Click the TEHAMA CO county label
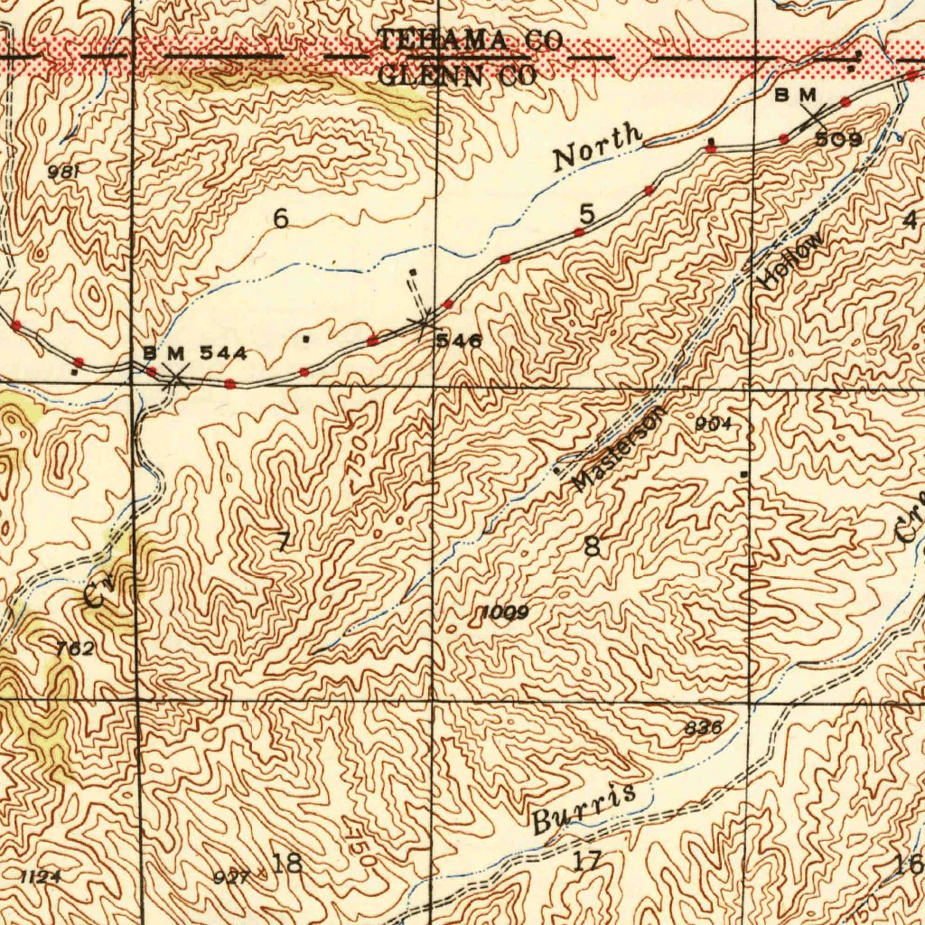tap(470, 41)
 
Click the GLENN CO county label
tap(457, 76)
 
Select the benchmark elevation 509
tap(838, 139)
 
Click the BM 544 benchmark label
tap(194, 353)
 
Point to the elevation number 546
tap(459, 341)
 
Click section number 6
tap(281, 219)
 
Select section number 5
tap(588, 215)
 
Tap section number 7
tap(284, 542)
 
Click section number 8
tap(592, 547)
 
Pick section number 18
tap(287, 863)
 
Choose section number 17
tap(587, 861)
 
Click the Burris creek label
tap(583, 808)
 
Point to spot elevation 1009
tap(504, 613)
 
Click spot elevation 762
tap(74, 649)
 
